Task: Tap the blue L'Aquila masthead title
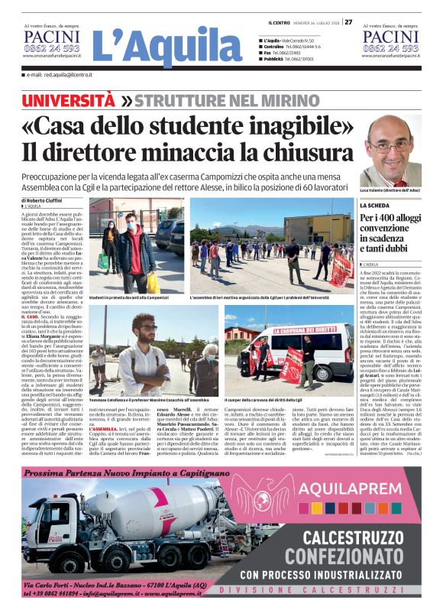coord(166,46)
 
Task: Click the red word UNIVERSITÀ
coord(69,100)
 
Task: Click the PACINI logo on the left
coord(51,37)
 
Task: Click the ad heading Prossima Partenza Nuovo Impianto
coord(115,473)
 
